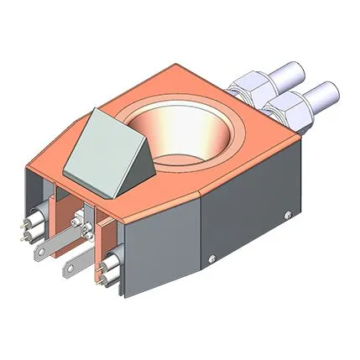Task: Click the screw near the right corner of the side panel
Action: click(x=290, y=211)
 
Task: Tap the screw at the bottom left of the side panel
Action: click(x=211, y=257)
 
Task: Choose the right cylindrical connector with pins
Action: click(x=107, y=269)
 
